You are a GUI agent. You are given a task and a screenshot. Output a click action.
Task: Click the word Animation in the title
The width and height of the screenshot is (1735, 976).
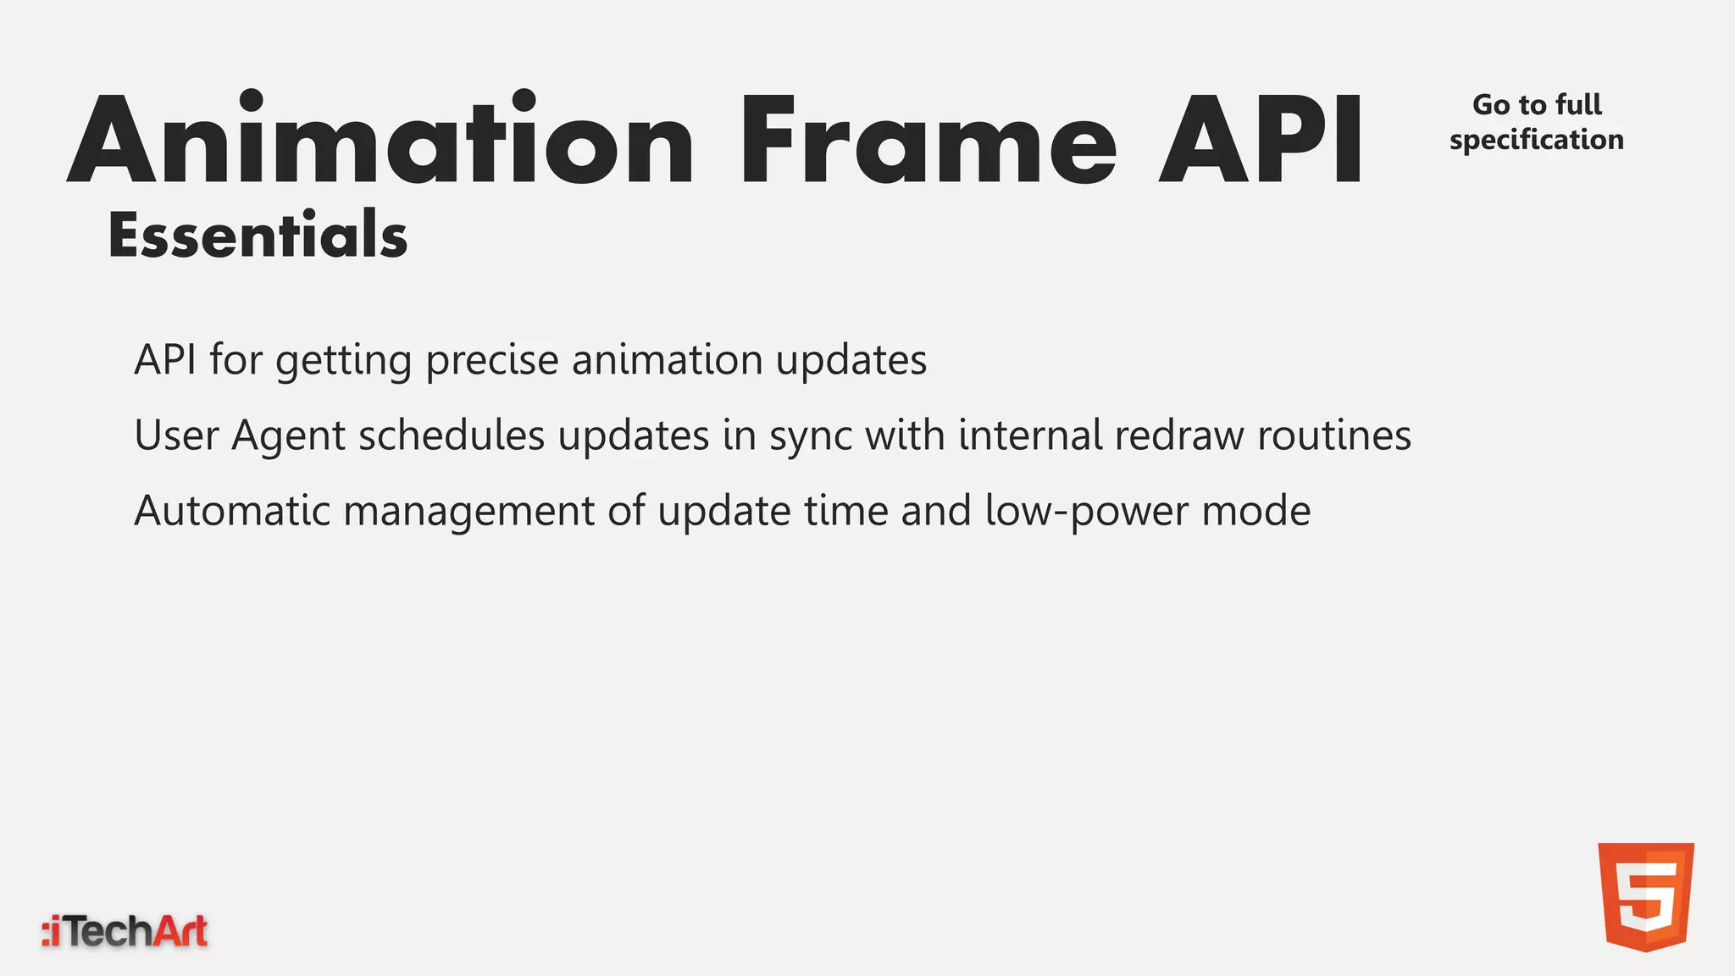tap(381, 140)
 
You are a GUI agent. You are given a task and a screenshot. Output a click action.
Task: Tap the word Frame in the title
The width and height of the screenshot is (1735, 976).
tap(928, 140)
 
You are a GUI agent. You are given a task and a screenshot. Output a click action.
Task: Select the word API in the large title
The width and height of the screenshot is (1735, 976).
tap(1261, 140)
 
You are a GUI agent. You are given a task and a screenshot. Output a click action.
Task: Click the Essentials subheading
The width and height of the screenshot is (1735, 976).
tap(258, 235)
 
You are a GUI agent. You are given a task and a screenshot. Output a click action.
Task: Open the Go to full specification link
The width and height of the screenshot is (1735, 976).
tap(1536, 122)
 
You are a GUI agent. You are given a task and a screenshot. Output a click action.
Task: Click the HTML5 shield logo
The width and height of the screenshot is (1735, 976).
tap(1645, 896)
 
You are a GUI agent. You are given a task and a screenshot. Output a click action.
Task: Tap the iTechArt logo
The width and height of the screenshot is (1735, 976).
tap(125, 932)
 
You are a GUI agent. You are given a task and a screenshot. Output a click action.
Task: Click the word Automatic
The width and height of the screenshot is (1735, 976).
tap(232, 511)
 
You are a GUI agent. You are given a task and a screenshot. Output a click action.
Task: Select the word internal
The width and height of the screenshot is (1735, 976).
tap(1030, 435)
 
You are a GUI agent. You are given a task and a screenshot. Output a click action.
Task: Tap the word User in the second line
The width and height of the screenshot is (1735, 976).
tap(176, 435)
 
